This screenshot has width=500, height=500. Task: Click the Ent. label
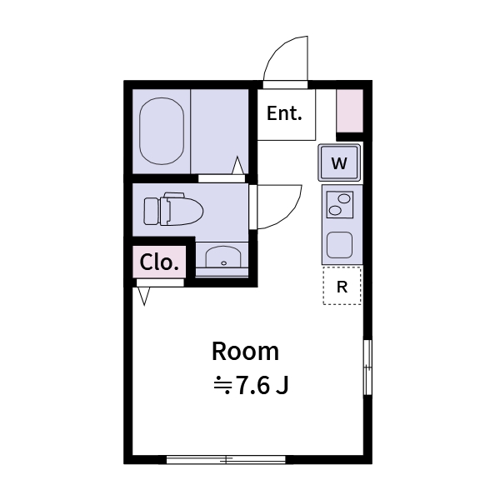(284, 114)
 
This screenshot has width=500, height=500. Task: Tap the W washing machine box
(339, 163)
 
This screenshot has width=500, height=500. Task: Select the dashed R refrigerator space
(342, 287)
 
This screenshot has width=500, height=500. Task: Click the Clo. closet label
(159, 262)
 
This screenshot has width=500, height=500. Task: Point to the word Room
(244, 351)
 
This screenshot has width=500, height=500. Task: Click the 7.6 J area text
(252, 386)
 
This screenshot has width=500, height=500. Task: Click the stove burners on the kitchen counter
(339, 204)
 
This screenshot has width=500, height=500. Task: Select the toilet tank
(151, 211)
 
